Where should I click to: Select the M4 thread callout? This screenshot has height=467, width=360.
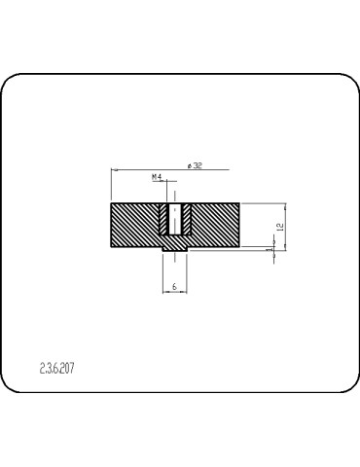click(x=157, y=177)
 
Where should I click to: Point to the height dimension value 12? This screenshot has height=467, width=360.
click(x=279, y=226)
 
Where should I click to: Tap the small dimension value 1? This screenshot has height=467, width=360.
click(x=270, y=250)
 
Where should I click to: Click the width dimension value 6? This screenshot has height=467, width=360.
click(x=173, y=287)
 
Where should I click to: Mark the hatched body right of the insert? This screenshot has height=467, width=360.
click(x=214, y=226)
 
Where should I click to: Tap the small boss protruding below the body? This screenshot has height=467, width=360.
click(x=174, y=252)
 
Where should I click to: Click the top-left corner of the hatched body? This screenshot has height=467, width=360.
click(x=112, y=203)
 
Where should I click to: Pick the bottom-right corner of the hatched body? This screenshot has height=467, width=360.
click(x=239, y=248)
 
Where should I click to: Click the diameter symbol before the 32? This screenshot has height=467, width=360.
click(x=186, y=166)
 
